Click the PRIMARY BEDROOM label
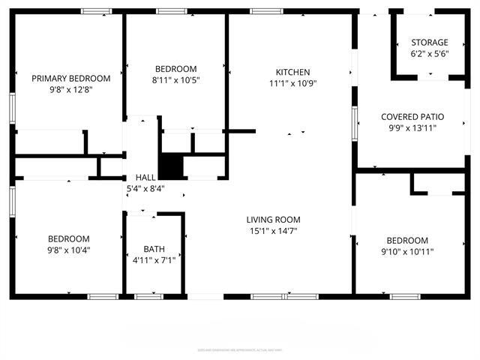coord(70,78)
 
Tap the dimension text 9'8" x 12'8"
coord(70,90)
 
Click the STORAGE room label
coord(429,43)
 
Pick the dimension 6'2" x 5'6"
coord(429,54)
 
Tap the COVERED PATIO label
coord(412,117)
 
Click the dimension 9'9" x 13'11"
coord(412,128)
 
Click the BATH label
coord(154,249)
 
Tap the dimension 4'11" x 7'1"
coord(154,260)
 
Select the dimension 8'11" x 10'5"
coord(175,80)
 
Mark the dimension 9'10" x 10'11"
coord(407,251)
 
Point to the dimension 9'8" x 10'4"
coord(69,250)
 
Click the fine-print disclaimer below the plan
coord(240,349)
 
